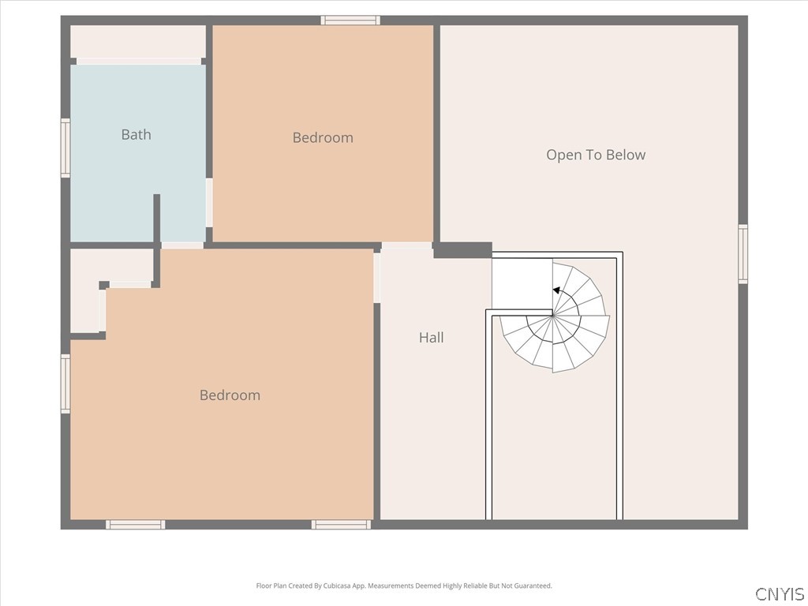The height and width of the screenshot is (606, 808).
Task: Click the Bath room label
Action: [x=136, y=134]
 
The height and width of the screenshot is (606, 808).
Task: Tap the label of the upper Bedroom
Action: [x=323, y=137]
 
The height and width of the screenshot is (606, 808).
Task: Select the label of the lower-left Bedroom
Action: [x=230, y=395]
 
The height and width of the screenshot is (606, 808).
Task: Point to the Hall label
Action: [x=432, y=338]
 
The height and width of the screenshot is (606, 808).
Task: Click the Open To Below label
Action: [x=596, y=155]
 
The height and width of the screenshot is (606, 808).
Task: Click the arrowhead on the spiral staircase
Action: [x=556, y=290]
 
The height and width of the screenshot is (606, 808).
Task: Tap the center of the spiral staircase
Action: [x=553, y=315]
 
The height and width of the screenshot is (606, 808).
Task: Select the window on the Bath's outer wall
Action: [x=65, y=148]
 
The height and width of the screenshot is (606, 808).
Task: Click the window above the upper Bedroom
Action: [x=350, y=20]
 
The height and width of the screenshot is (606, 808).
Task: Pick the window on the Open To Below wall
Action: [x=743, y=253]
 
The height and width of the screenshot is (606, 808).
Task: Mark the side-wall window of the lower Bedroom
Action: [x=65, y=383]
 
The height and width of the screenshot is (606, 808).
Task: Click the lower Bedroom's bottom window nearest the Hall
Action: [x=341, y=525]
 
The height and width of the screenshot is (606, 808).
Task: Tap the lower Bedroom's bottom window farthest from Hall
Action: [x=136, y=525]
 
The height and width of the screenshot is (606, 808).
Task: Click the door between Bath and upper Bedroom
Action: [x=209, y=203]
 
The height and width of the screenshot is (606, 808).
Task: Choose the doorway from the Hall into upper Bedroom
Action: [x=407, y=245]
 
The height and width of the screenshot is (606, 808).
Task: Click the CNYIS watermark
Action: [x=780, y=593]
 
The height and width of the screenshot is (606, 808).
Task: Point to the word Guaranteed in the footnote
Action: [x=533, y=586]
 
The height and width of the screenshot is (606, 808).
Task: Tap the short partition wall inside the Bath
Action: [x=157, y=219]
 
